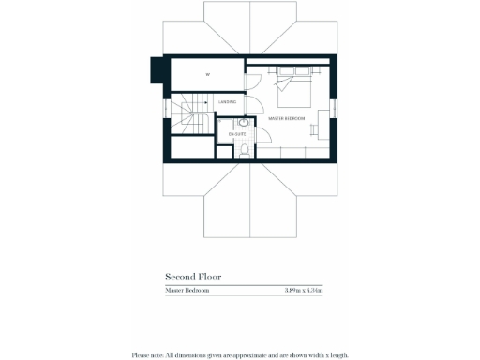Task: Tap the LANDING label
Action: [227, 101]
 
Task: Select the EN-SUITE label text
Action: [225, 137]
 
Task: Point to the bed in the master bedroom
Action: [294, 88]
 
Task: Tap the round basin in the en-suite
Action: [244, 123]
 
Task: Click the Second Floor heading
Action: [193, 277]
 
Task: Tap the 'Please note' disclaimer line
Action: [240, 354]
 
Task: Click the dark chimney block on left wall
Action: [157, 70]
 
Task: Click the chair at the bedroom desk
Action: [319, 120]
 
